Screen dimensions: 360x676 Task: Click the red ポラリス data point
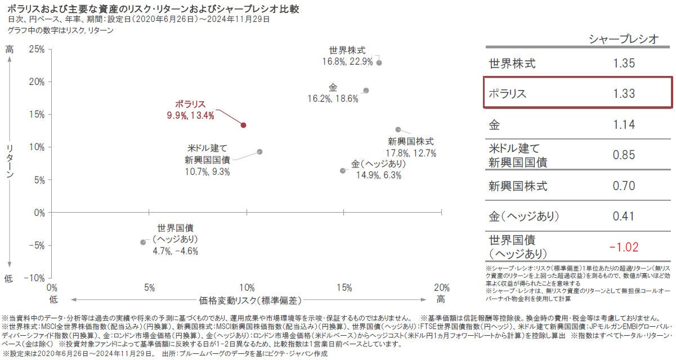coord(243,125)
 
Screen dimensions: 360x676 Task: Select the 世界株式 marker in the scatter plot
coord(379,62)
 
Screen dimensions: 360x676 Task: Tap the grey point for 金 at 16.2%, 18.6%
coord(366,91)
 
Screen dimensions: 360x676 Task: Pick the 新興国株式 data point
coord(398,129)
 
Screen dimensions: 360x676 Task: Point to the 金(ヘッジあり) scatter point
coord(343,170)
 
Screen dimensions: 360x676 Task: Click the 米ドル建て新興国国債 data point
coord(259,152)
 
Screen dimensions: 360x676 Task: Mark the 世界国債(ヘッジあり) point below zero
coord(143,242)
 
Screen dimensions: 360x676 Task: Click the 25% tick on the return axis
coord(37,49)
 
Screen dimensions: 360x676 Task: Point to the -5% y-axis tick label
coord(37,245)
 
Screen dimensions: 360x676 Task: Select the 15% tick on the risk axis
coord(344,287)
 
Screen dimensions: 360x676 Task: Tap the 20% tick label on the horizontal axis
coord(441,287)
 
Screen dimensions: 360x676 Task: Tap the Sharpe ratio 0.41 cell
coord(624,216)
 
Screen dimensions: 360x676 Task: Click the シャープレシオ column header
coord(623,39)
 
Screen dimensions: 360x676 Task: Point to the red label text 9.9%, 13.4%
coord(190,116)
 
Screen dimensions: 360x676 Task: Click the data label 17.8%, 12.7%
coord(410,153)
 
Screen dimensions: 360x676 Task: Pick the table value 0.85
coord(624,155)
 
